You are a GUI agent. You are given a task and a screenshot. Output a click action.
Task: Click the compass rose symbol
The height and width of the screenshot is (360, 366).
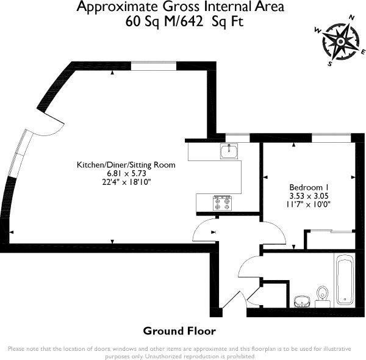point(340,41)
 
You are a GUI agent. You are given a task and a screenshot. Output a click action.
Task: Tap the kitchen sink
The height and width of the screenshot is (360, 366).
point(229,151)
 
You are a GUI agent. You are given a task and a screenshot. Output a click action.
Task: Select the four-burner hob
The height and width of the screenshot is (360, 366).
point(222,203)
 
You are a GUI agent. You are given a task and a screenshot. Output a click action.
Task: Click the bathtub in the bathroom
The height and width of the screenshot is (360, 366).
point(345,279)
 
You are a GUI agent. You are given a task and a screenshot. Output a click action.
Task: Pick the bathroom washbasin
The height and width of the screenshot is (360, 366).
point(302,302)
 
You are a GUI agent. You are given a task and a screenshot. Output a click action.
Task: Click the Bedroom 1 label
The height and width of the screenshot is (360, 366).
point(309,187)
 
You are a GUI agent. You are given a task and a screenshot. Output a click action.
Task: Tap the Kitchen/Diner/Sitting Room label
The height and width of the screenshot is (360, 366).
point(126,165)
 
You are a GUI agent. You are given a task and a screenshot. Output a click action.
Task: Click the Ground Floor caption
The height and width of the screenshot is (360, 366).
point(179,331)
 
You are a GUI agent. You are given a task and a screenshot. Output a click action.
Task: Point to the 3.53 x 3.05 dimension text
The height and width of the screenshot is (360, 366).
point(309,196)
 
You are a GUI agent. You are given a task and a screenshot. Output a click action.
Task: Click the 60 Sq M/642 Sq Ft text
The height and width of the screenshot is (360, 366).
point(184,22)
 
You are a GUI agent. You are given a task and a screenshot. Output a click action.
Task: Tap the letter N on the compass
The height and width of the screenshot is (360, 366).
point(351,18)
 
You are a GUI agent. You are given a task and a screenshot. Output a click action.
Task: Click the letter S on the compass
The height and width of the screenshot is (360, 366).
point(330,63)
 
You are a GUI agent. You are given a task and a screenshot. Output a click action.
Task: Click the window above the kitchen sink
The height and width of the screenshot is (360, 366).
point(238,138)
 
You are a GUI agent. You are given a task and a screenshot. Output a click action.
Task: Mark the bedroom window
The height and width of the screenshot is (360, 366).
point(331,138)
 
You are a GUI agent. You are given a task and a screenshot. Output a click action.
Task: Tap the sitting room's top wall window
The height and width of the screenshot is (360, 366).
point(154,66)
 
